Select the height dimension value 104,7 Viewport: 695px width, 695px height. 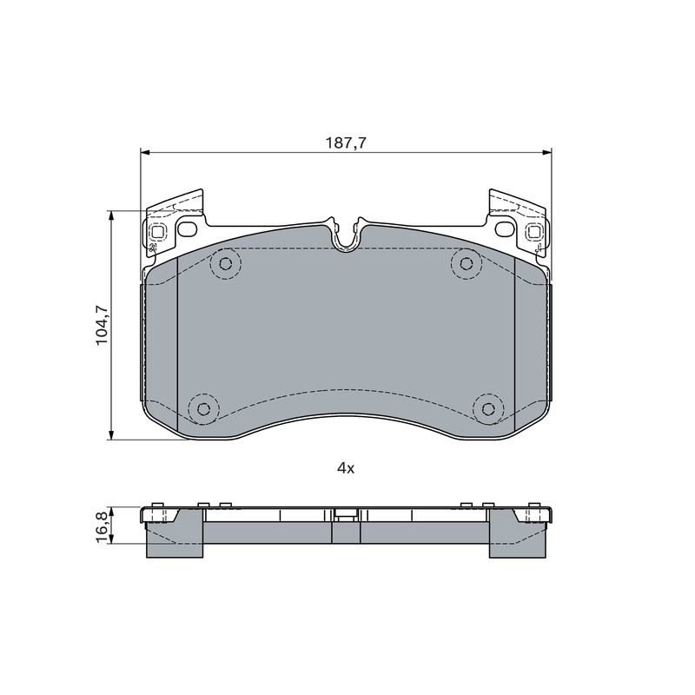[102, 325]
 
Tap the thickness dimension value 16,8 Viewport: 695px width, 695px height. [102, 526]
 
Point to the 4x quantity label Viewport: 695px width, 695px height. [346, 468]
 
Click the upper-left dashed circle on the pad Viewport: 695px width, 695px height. [226, 264]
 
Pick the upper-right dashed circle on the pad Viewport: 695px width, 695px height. [467, 264]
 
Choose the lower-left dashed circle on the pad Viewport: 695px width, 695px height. [204, 408]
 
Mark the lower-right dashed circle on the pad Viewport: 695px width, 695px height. [488, 408]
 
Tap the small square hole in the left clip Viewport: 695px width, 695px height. [158, 231]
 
